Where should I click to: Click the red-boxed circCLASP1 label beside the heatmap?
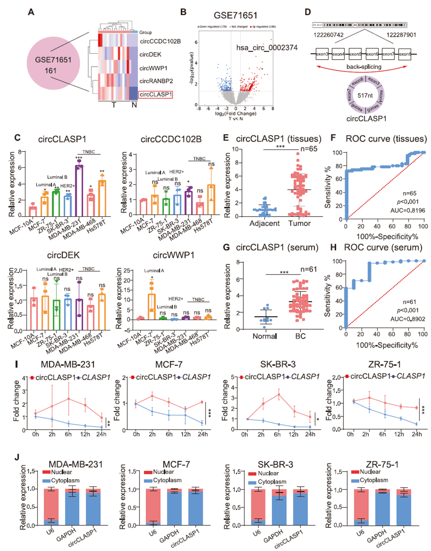point(155,94)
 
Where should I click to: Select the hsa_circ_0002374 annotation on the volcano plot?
point(267,47)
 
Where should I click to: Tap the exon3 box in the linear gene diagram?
point(322,54)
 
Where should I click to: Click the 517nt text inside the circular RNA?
point(365,95)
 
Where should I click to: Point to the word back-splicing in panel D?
point(364,67)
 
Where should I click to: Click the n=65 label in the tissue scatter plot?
point(309,149)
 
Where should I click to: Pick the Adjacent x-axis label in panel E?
point(264,224)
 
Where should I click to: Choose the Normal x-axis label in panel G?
point(265,336)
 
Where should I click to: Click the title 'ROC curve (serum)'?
point(383,248)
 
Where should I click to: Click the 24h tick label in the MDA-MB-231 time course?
point(101,434)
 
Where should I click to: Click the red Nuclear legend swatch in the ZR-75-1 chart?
point(355,472)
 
